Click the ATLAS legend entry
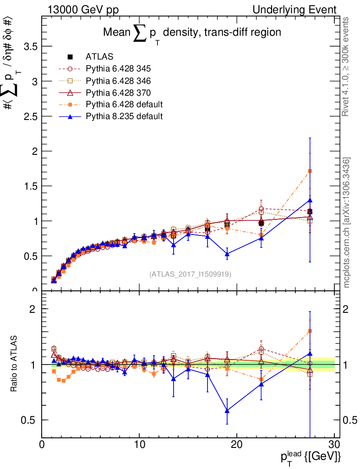click(x=99, y=57)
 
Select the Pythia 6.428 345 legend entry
click(x=118, y=69)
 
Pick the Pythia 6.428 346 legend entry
click(x=118, y=81)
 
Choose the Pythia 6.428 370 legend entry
click(x=118, y=93)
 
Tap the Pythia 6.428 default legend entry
click(x=124, y=104)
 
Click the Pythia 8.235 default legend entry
click(x=124, y=116)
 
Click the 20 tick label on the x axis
click(x=237, y=444)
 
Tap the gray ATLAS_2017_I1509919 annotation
click(x=190, y=274)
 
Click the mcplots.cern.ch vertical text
click(x=347, y=223)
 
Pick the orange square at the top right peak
click(x=310, y=171)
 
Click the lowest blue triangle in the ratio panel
click(x=227, y=411)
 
